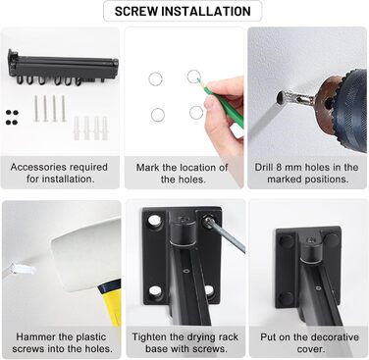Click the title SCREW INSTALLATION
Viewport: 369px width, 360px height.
click(x=183, y=11)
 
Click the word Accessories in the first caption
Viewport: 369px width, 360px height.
click(x=37, y=167)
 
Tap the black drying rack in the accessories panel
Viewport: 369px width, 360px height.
click(x=63, y=67)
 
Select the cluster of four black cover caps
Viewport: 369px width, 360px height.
click(x=12, y=118)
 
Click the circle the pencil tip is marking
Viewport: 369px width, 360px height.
click(x=193, y=77)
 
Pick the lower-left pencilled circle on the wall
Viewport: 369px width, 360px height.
click(x=158, y=115)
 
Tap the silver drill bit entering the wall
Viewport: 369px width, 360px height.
click(x=293, y=97)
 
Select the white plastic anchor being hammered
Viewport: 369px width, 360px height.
click(x=23, y=269)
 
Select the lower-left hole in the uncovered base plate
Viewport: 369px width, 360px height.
click(x=156, y=291)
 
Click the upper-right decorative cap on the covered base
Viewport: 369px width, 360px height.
click(x=331, y=240)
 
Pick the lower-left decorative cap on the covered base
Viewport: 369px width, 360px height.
click(x=286, y=297)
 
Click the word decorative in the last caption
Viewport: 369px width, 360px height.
click(x=334, y=336)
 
